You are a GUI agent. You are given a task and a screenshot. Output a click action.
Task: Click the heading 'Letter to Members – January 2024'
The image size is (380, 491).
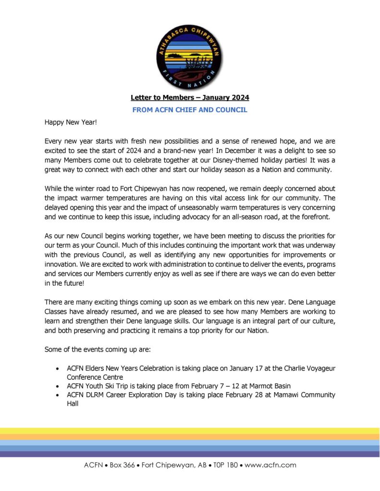click(190, 98)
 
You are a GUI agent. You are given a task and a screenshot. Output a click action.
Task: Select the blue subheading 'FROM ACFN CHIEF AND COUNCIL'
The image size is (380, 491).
click(190, 110)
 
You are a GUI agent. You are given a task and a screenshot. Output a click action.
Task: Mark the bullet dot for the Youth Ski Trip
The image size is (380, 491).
click(58, 386)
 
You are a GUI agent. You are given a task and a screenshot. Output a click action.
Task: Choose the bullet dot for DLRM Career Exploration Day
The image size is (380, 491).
click(58, 395)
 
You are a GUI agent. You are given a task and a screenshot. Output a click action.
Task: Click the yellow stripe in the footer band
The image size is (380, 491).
click(190, 431)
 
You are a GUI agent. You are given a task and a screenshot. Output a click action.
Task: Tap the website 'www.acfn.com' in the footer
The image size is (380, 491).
click(270, 465)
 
